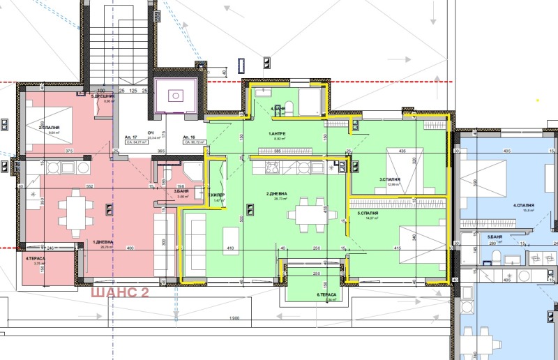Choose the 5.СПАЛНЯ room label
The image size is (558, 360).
(368, 213)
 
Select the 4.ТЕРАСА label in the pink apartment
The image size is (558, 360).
(36, 259)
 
